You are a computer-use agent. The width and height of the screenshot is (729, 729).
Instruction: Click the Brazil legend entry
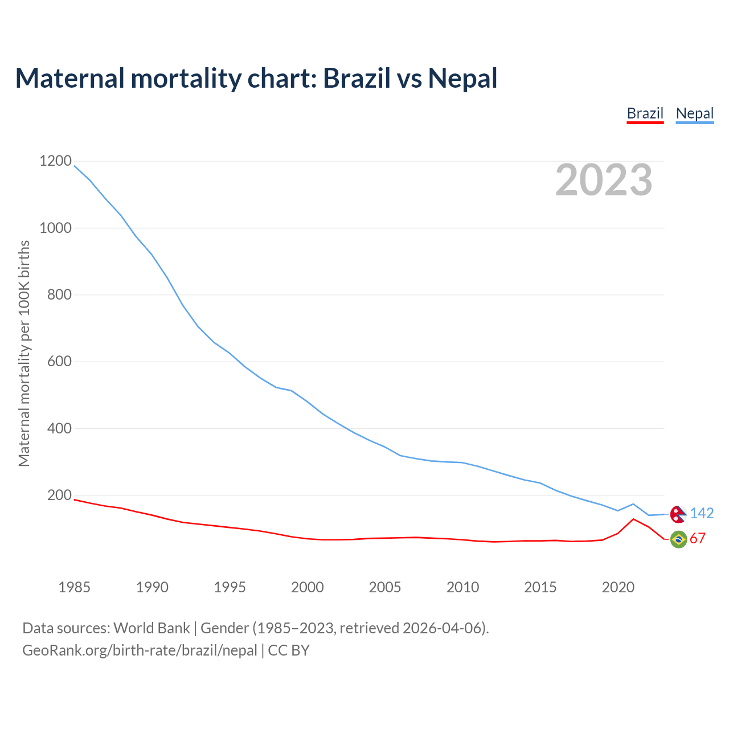pyautogui.click(x=645, y=113)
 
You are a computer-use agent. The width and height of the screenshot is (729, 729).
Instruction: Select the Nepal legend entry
pyautogui.click(x=694, y=113)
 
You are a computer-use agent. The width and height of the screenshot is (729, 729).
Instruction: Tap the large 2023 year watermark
pyautogui.click(x=604, y=180)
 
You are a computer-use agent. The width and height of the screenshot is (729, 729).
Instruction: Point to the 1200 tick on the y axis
pyautogui.click(x=55, y=161)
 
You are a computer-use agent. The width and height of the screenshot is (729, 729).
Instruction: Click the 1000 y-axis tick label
pyautogui.click(x=55, y=228)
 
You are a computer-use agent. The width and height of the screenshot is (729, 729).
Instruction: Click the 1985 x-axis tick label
pyautogui.click(x=75, y=587)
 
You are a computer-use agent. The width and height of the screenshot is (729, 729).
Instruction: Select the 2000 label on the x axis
pyautogui.click(x=308, y=587)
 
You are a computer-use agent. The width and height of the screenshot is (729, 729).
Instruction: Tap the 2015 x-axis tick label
pyautogui.click(x=540, y=587)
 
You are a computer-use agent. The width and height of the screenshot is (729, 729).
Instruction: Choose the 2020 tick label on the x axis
pyautogui.click(x=618, y=587)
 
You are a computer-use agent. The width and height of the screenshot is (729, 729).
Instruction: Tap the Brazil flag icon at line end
pyautogui.click(x=678, y=539)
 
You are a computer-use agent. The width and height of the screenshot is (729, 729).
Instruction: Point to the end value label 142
pyautogui.click(x=702, y=514)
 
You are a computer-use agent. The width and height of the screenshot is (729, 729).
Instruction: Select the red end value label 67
pyautogui.click(x=698, y=539)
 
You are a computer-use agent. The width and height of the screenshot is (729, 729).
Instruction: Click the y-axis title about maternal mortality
pyautogui.click(x=24, y=353)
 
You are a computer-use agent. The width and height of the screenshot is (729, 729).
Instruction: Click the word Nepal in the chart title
pyautogui.click(x=462, y=78)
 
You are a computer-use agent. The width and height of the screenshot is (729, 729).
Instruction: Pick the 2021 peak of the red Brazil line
pyautogui.click(x=633, y=519)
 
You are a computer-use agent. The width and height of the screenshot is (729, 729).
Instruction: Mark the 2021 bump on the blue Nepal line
pyautogui.click(x=633, y=504)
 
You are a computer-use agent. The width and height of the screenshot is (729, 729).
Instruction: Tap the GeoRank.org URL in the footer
pyautogui.click(x=140, y=650)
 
